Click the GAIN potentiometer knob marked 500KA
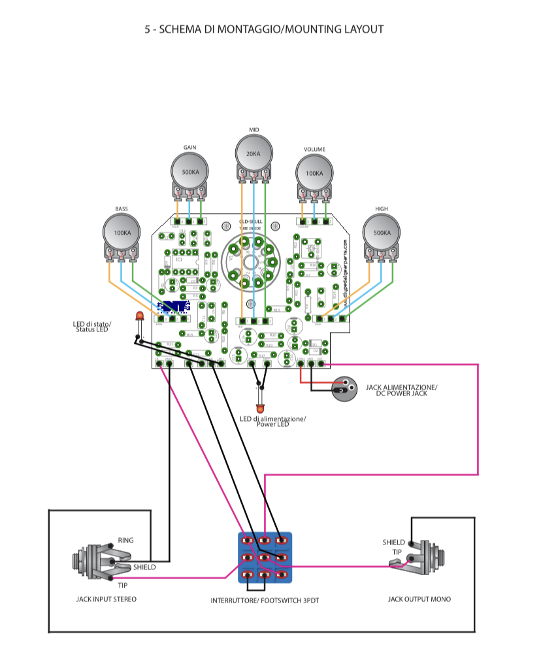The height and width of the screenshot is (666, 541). (x=190, y=172)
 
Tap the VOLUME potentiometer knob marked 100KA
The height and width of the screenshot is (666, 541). (x=314, y=174)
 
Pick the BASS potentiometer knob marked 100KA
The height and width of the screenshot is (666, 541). (x=122, y=233)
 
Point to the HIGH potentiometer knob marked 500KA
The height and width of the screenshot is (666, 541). (x=382, y=233)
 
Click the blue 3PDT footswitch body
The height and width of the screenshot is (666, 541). (x=264, y=558)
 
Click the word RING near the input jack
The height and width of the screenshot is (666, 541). (x=125, y=541)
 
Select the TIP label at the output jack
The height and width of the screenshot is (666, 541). (x=397, y=552)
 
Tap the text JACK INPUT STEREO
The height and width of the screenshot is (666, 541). (x=107, y=599)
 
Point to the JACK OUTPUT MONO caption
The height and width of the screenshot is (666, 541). (x=419, y=599)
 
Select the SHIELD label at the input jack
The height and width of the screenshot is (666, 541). (x=144, y=567)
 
